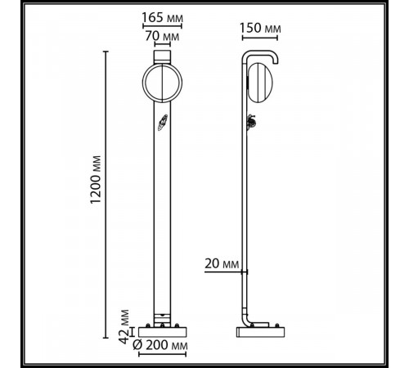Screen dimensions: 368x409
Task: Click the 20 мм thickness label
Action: (219, 263)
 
